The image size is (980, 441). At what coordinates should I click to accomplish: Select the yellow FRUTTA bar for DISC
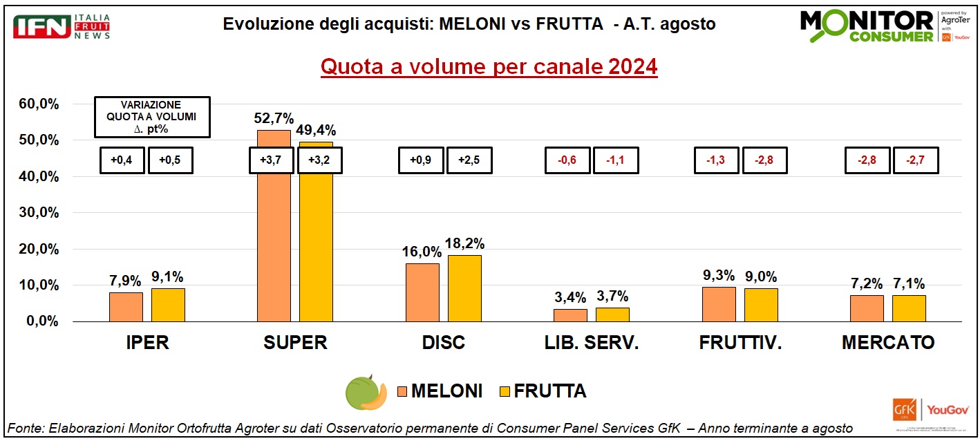464,288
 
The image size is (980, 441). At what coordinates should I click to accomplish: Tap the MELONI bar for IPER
126,307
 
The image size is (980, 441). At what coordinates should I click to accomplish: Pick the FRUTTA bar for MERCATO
909,308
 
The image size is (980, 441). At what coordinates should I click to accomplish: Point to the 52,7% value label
274,118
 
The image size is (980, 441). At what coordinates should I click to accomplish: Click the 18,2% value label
465,243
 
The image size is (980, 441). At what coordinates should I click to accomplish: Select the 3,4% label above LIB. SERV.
570,298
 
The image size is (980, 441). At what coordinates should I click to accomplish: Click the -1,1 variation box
616,160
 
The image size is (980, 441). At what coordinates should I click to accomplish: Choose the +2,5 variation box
469,160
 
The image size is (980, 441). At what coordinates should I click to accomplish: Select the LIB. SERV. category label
592,343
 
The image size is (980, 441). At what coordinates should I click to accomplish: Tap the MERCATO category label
888,343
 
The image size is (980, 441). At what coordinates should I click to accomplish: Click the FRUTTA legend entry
542,391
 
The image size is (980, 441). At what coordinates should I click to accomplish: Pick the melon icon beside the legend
366,392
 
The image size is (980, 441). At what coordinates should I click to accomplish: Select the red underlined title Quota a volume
489,68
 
